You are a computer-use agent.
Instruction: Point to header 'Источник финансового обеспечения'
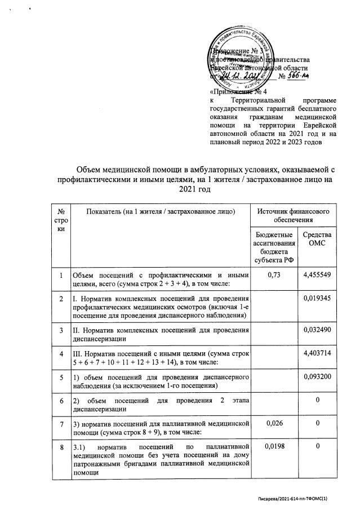[293, 214]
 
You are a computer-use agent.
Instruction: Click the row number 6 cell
[61, 399]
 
